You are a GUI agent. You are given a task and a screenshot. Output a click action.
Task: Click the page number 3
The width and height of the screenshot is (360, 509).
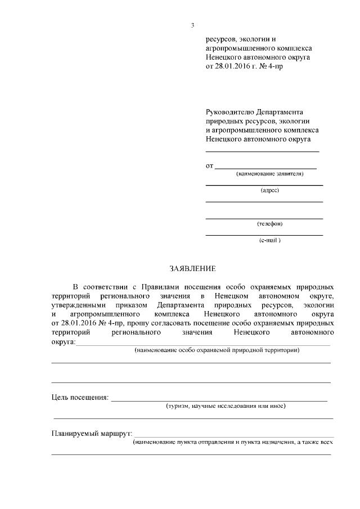click(192, 25)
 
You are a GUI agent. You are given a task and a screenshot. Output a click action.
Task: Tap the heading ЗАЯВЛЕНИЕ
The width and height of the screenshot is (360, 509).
click(192, 269)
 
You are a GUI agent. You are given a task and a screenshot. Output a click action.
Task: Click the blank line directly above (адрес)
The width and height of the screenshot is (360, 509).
click(264, 185)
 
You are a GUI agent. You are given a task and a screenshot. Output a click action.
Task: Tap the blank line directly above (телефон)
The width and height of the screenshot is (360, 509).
click(264, 218)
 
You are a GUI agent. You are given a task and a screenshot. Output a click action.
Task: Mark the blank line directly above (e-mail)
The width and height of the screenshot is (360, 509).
click(264, 235)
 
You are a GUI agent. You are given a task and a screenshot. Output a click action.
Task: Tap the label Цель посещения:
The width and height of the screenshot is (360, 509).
click(79, 398)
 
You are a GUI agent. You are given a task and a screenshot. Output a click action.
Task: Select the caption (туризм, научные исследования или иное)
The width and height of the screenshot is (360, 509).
click(225, 406)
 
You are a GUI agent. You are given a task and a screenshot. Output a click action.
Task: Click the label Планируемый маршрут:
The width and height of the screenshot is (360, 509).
click(91, 434)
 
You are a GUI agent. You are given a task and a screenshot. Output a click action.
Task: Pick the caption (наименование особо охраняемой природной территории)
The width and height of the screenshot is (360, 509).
click(217, 350)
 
